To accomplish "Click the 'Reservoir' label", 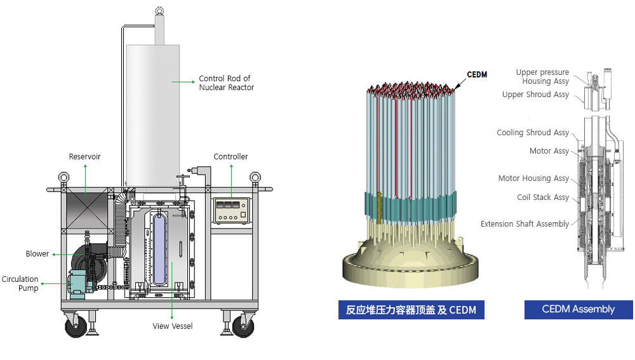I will click(84, 156).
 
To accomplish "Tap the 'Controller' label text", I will click(231, 156).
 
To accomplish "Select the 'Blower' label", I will click(37, 254).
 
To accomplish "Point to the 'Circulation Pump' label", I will click(20, 284).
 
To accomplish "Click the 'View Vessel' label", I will click(173, 326).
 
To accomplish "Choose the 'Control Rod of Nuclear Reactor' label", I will click(226, 83).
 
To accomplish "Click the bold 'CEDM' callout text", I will click(477, 75).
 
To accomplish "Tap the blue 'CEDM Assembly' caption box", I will click(578, 309).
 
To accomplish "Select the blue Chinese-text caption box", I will click(411, 310).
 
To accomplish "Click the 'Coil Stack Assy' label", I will click(543, 197).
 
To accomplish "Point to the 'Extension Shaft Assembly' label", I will click(525, 224).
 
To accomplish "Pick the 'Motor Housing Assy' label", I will click(533, 178).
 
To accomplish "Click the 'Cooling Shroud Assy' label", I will click(533, 133).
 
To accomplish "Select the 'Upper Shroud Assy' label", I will click(535, 95).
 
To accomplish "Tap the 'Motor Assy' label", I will click(549, 151).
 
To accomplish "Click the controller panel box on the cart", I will click(231, 210).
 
